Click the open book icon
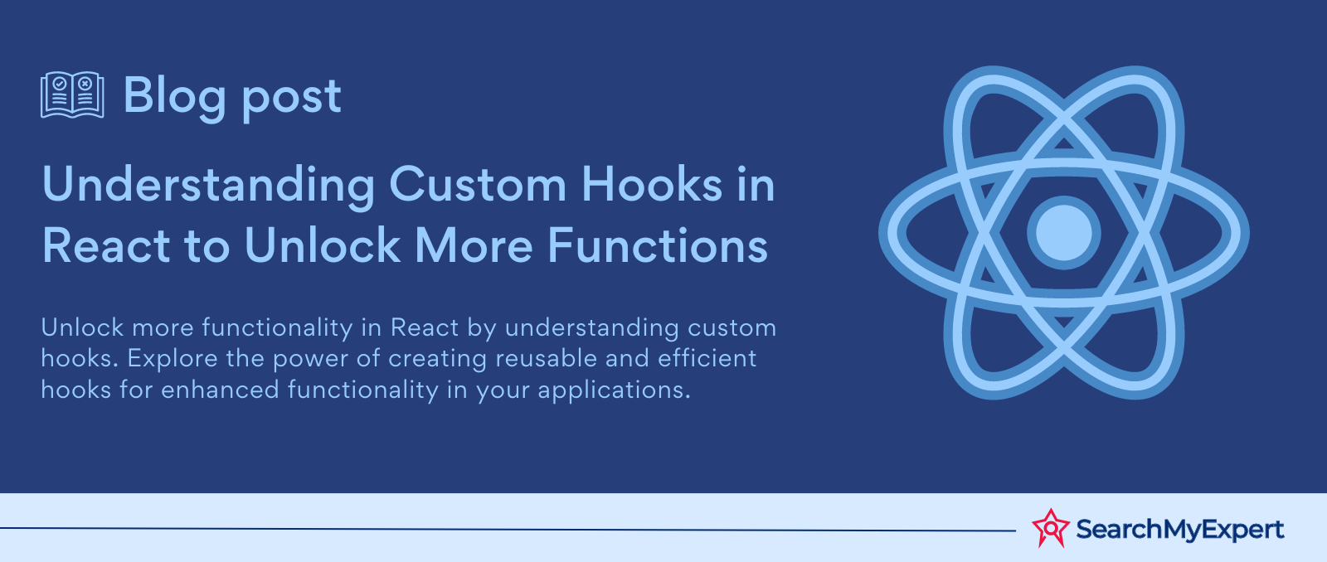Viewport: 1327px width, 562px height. (72, 94)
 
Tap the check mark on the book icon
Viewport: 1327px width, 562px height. (59, 84)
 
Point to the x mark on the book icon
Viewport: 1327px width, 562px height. (85, 84)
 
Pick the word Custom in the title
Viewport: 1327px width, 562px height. (478, 185)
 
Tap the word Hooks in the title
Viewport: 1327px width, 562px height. (652, 184)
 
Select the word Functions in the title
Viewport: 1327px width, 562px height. (658, 245)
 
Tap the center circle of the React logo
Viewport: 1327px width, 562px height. (1063, 233)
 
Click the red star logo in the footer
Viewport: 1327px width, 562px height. (1051, 528)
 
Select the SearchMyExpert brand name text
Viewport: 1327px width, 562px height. (1180, 530)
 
